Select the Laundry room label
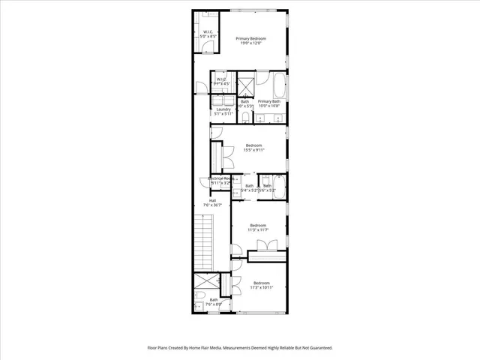(223, 111)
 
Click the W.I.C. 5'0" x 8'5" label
(209, 33)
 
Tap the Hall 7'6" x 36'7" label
(212, 202)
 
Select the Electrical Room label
(219, 180)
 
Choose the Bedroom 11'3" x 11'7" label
(258, 227)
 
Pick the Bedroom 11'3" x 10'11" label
(258, 285)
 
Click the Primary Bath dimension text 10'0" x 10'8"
(268, 106)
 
